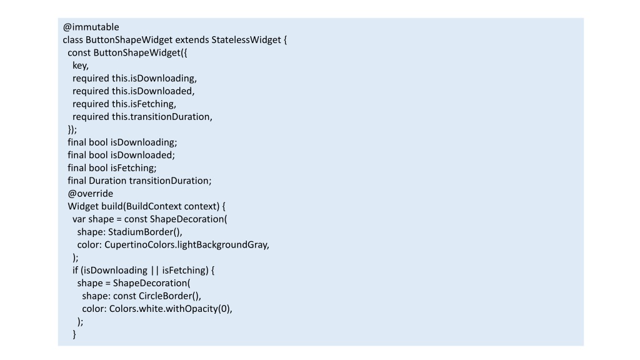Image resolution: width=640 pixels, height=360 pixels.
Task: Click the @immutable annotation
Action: (91, 27)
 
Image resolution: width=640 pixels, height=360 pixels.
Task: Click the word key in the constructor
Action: (79, 66)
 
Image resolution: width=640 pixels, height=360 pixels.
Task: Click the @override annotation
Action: (91, 194)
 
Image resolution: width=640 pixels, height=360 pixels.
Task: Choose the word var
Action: (79, 219)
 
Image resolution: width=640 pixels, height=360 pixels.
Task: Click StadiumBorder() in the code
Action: (144, 232)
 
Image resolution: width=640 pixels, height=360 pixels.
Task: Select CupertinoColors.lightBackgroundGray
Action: (186, 245)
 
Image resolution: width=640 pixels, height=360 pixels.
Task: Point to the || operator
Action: (155, 271)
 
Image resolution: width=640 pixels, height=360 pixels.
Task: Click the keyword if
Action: (75, 270)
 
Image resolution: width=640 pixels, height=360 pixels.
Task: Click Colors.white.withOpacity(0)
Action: (169, 309)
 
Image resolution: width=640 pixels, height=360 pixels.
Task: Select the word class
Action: (73, 40)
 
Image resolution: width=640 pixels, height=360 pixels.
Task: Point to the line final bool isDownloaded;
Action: (121, 155)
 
